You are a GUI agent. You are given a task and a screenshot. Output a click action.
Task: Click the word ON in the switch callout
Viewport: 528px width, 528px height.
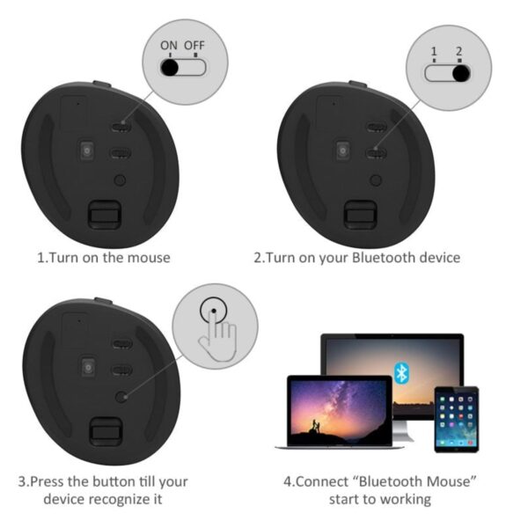coord(168,43)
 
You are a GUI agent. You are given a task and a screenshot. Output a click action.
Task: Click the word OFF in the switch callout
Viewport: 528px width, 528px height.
coord(194,43)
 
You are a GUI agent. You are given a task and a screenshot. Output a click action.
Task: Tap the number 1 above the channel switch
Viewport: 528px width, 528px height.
coord(433,52)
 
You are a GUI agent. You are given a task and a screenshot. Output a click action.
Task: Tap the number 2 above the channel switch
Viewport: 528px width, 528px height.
coord(458,52)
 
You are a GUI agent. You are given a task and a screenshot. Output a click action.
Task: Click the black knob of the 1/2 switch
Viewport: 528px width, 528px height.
coord(458,73)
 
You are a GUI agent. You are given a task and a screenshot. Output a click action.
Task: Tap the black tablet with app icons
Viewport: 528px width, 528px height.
coord(457,420)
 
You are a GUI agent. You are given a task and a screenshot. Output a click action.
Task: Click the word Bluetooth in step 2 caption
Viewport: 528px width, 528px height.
coord(383,258)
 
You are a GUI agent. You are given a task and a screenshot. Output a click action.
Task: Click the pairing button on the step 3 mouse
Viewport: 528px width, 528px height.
coord(121,397)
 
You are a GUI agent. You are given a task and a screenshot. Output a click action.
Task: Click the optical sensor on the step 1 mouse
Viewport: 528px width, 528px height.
coord(87,151)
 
